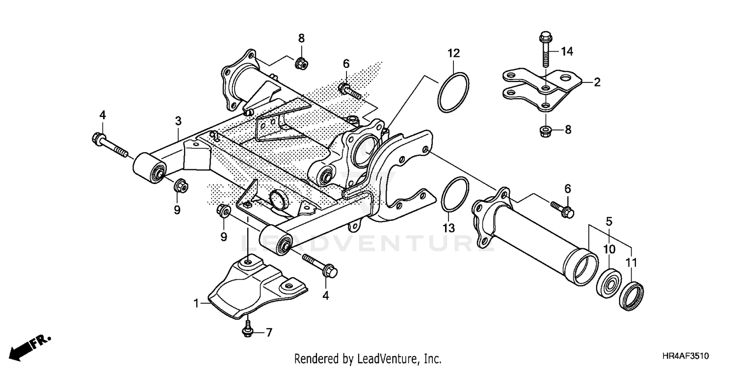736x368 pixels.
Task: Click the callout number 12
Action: point(453,53)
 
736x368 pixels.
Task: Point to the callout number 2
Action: point(597,82)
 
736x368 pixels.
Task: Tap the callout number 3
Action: point(178,121)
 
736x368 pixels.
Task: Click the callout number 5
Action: point(609,221)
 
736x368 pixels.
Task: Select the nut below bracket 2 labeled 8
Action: point(545,131)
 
